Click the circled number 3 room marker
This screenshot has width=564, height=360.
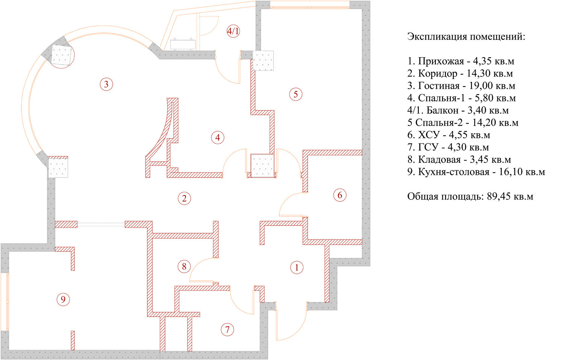[106, 84]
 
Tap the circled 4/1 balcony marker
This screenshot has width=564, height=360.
[233, 31]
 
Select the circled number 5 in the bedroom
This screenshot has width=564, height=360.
[296, 94]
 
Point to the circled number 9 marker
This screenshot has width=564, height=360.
[63, 299]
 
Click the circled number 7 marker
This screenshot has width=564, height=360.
[227, 330]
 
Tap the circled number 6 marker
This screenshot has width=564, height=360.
[340, 195]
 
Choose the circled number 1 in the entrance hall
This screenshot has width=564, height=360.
[297, 267]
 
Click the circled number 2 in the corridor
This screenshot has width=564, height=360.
[184, 198]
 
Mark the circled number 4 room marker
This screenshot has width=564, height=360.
[218, 138]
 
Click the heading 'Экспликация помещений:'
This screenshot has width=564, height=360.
[466, 37]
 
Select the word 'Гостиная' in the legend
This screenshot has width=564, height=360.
[439, 86]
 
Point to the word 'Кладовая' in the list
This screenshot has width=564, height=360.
[440, 159]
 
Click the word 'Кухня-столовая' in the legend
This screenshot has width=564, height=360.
[454, 172]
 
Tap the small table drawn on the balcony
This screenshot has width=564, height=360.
[183, 44]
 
